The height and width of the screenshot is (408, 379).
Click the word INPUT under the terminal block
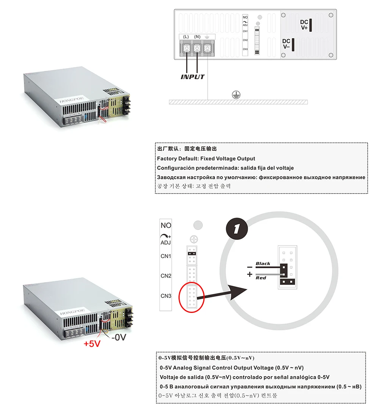[x=192, y=77]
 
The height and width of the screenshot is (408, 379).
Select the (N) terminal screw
[x=197, y=48]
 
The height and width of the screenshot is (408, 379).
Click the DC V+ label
[x=304, y=25]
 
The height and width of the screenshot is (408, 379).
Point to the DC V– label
[x=286, y=44]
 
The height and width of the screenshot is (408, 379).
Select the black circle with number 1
[x=236, y=228]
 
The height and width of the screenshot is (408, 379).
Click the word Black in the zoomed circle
[x=263, y=264]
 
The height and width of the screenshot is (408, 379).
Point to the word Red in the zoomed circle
[x=261, y=278]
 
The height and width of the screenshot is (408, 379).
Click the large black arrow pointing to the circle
[x=227, y=294]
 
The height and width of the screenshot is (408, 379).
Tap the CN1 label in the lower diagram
[x=166, y=256]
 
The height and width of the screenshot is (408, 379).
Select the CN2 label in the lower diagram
[x=166, y=276]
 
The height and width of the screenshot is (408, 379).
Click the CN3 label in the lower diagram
[x=166, y=295]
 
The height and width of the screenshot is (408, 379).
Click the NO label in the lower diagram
[x=166, y=225]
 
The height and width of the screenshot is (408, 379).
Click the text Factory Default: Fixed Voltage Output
[x=206, y=159]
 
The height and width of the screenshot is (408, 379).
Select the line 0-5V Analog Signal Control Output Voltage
[x=232, y=367]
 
